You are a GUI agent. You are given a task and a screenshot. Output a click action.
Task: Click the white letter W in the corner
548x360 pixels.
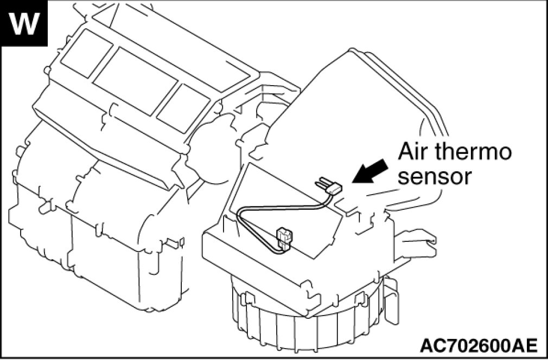[x=24, y=24]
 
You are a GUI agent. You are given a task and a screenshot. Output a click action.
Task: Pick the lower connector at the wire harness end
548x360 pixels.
[x=284, y=236]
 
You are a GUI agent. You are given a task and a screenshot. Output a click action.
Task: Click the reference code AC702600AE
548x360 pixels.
[x=477, y=345]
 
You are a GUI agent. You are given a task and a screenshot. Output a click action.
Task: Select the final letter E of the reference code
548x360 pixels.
[x=531, y=345]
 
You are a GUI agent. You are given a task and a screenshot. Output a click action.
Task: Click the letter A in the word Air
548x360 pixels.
[x=406, y=152]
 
